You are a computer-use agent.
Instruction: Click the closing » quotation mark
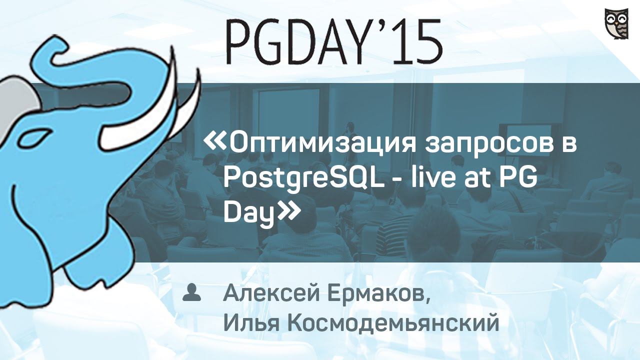[x=288, y=212]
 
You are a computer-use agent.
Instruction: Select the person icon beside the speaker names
[x=191, y=293]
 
